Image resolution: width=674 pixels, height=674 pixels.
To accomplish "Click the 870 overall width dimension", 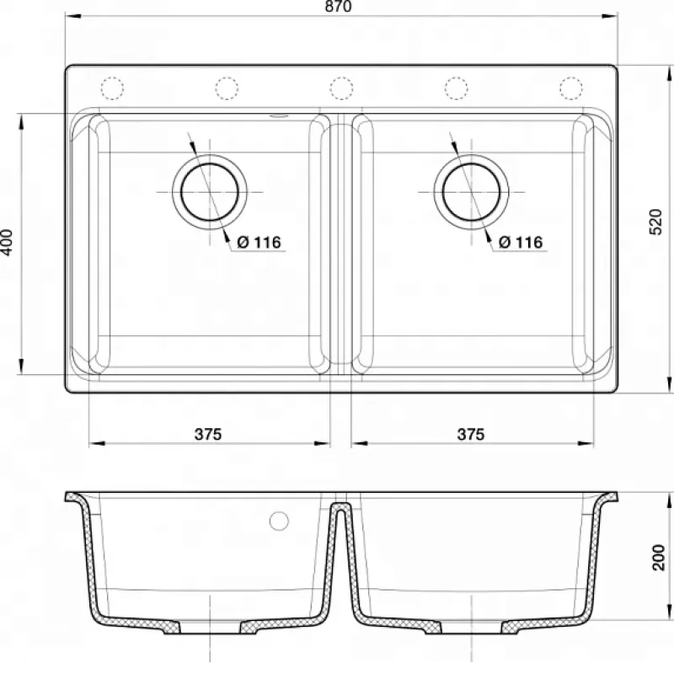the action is (339, 6).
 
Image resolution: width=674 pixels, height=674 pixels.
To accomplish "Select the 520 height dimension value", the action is (655, 222).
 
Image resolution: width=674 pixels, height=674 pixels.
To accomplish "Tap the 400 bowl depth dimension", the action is (8, 243).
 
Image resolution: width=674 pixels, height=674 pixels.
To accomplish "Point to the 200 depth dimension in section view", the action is (658, 557).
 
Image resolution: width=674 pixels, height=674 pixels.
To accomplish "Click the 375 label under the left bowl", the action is (208, 434).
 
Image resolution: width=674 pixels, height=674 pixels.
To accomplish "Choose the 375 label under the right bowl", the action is (471, 434).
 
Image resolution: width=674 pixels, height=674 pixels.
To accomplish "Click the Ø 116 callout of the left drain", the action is (259, 243).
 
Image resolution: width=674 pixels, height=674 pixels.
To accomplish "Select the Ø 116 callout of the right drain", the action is (521, 243).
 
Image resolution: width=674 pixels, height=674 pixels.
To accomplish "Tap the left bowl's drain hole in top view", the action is (210, 192).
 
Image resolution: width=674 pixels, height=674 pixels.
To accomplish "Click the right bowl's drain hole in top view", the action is (472, 192).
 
